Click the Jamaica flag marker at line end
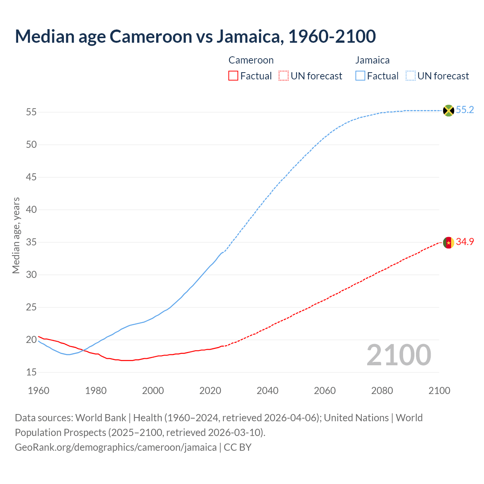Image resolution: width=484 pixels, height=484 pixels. (x=448, y=110)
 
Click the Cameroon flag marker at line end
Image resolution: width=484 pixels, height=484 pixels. (x=448, y=242)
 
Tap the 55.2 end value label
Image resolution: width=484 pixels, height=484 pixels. (x=465, y=110)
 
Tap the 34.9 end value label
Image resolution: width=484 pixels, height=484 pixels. (x=465, y=242)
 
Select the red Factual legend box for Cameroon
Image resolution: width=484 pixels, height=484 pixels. (x=233, y=76)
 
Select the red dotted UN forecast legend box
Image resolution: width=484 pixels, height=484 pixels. (x=284, y=76)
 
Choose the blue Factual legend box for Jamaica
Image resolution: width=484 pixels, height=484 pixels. (x=360, y=76)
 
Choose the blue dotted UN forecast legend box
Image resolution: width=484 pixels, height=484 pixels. (x=411, y=76)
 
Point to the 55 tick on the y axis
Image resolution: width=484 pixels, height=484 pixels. (x=31, y=112)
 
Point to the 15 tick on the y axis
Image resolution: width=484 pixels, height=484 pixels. (x=31, y=372)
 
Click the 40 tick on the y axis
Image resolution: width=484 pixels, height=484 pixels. (x=31, y=210)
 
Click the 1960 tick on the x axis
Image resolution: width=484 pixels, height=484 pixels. (x=39, y=391)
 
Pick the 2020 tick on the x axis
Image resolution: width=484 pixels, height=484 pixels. (x=210, y=391)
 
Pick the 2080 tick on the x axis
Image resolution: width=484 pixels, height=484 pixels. (x=382, y=391)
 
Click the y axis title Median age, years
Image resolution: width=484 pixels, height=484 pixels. (x=16, y=235)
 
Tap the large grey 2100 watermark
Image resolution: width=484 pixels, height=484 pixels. (x=399, y=355)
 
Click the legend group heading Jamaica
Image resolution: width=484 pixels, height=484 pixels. (x=372, y=60)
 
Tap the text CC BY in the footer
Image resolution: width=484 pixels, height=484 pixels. (x=237, y=447)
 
